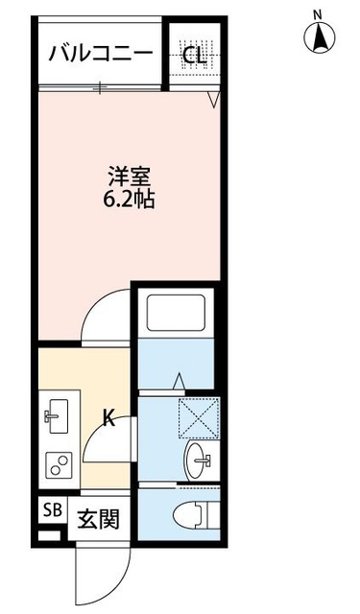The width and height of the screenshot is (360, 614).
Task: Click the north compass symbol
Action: pos(319,39)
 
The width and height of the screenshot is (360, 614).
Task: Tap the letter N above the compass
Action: pos(319,13)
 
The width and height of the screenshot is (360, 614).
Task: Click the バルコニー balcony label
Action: pos(100,53)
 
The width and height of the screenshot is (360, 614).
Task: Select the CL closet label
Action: pos(195,55)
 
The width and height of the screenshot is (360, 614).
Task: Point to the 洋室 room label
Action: pos(129,178)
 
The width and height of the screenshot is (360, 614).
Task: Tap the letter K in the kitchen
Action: pos(109,417)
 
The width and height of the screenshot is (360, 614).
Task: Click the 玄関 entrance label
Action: pos(98,521)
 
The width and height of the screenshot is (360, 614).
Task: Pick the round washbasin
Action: pos(201,459)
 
